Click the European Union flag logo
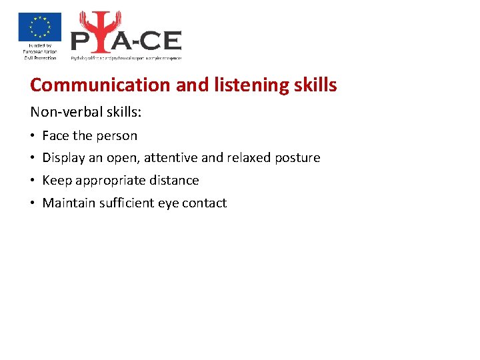click(x=40, y=27)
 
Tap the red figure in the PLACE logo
click(x=96, y=33)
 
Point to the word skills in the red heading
click(x=315, y=85)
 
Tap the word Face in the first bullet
click(x=55, y=136)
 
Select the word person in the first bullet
click(x=117, y=136)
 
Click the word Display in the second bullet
click(x=63, y=158)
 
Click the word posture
click(x=298, y=159)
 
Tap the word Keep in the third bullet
click(x=57, y=181)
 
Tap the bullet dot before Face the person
click(x=33, y=137)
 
